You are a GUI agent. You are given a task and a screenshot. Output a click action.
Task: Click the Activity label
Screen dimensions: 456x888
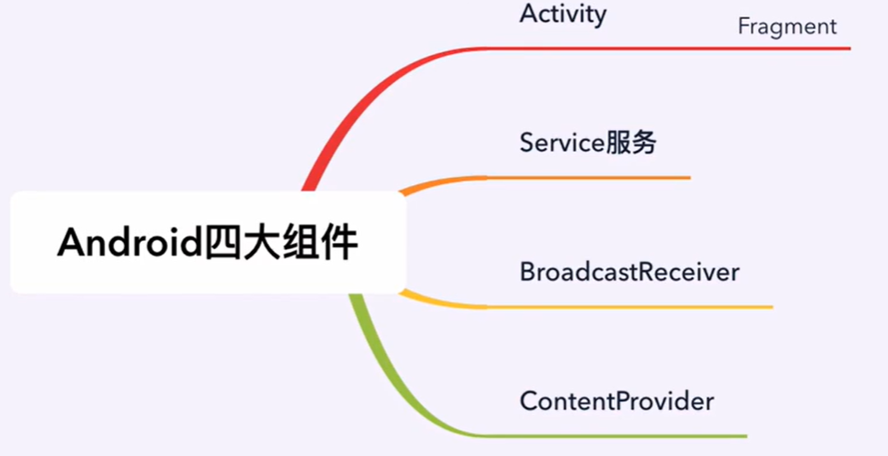[x=563, y=15]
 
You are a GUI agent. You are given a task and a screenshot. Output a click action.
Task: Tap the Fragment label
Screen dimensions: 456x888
[x=787, y=26]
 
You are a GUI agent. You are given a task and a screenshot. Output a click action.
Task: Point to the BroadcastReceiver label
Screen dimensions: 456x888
[x=629, y=272]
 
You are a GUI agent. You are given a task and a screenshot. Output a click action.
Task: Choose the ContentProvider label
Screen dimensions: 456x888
[x=616, y=401]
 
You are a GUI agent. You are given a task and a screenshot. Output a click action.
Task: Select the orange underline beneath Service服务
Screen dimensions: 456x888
[x=587, y=178]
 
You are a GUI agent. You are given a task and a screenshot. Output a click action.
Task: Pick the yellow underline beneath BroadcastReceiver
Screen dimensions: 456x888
[x=632, y=307]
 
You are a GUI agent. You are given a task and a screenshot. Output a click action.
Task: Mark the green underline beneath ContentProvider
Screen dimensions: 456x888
[x=614, y=436]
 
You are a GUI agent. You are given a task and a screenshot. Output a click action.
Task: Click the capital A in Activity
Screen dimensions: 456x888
[x=528, y=15]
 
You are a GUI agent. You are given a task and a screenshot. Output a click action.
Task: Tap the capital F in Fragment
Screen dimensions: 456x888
[x=743, y=26]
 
